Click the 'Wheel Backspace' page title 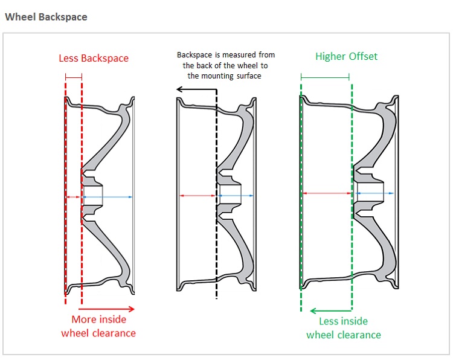point(46,17)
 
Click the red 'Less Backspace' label point(94,58)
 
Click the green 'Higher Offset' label point(346,56)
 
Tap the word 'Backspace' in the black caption point(194,55)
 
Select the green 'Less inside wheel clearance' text point(344,328)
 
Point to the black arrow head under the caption point(180,89)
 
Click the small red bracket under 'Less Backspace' point(73,77)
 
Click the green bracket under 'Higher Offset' point(324,77)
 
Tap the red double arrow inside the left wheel point(73,197)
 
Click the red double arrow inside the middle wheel point(198,196)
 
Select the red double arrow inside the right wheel point(327,193)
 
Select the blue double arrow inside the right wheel point(371,193)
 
